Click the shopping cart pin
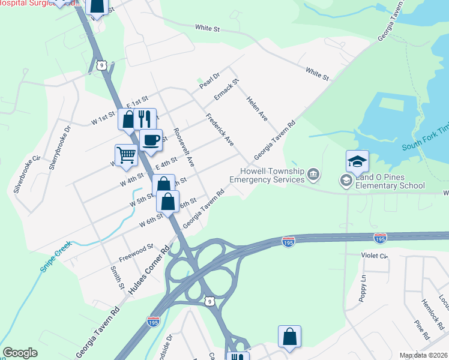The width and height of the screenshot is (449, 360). (127, 155)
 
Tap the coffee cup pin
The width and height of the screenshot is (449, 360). (151, 140)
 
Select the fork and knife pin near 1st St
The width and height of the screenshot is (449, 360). (145, 119)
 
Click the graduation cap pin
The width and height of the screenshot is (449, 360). (357, 161)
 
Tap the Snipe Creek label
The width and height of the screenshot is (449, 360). (55, 256)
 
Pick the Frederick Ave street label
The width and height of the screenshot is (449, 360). (220, 130)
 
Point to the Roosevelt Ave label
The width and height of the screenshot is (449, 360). (184, 146)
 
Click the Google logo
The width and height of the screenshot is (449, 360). (20, 353)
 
